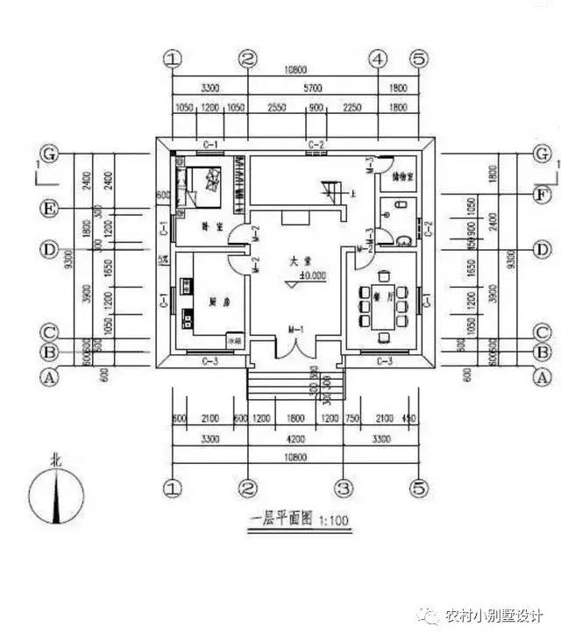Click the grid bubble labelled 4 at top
click(x=378, y=60)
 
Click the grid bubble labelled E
click(x=51, y=209)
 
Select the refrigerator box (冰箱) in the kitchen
click(x=234, y=338)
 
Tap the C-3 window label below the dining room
click(x=384, y=360)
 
